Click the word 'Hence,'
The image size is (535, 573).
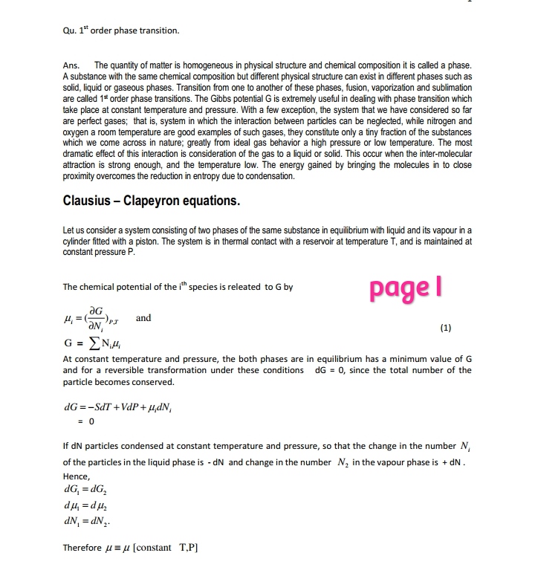77,476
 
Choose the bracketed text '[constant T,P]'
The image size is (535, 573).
169,548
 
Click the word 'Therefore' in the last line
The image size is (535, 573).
82,548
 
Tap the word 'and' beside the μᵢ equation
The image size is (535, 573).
143,318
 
